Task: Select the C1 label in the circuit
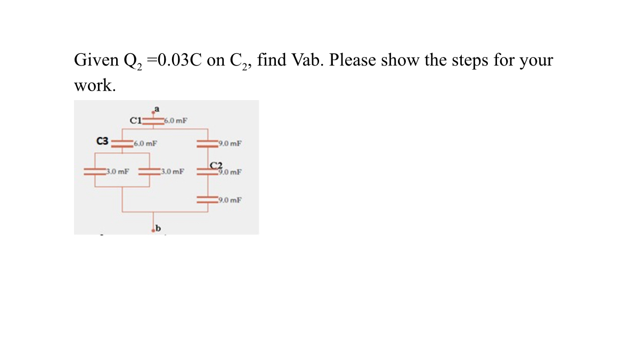pyautogui.click(x=136, y=119)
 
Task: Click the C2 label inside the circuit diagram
pyautogui.click(x=216, y=165)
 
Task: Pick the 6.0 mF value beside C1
pyautogui.click(x=176, y=121)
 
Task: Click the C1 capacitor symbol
pyautogui.click(x=154, y=121)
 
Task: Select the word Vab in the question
pyautogui.click(x=307, y=60)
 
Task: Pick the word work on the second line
pyautogui.click(x=93, y=86)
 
